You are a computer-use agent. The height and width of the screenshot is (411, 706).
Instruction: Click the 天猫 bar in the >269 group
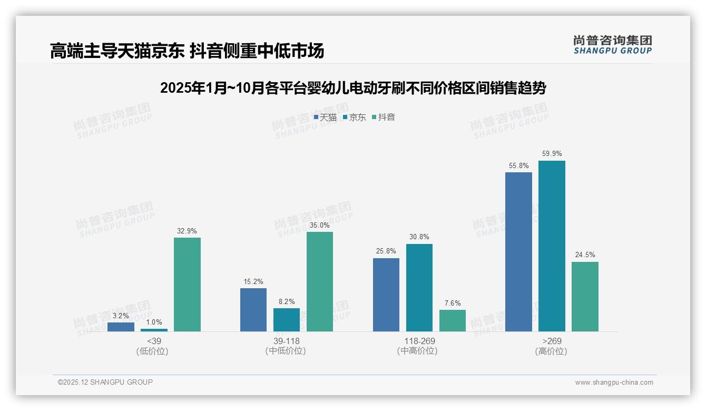518,252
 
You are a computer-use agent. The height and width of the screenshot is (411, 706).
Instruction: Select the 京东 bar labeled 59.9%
552,246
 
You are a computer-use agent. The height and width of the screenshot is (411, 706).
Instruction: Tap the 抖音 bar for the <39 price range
187,285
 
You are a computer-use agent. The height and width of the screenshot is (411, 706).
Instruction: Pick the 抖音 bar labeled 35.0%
320,282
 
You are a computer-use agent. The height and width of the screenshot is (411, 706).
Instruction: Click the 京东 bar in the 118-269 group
419,288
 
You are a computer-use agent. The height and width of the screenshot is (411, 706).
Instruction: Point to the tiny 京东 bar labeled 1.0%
154,330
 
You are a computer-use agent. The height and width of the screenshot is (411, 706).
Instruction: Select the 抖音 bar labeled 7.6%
453,320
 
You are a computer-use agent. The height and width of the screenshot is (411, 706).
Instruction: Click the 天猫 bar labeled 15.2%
253,310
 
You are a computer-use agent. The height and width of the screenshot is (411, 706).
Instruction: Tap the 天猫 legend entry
325,117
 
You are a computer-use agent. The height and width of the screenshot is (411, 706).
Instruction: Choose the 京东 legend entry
354,117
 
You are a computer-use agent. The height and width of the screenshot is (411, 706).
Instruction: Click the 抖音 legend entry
384,117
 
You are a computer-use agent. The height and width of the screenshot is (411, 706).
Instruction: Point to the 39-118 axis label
286,341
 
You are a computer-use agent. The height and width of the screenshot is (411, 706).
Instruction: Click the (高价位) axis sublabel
551,351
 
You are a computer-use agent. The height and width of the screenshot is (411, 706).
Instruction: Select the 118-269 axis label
419,341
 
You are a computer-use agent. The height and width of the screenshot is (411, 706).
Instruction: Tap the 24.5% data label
585,255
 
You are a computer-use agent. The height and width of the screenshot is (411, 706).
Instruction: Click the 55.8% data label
518,165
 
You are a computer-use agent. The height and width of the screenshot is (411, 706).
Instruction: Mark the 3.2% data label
121,316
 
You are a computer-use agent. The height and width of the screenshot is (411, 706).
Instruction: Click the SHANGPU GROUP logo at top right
612,44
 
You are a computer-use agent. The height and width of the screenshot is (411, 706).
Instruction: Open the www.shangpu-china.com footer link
614,383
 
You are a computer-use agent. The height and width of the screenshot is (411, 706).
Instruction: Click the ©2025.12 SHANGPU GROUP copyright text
105,382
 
